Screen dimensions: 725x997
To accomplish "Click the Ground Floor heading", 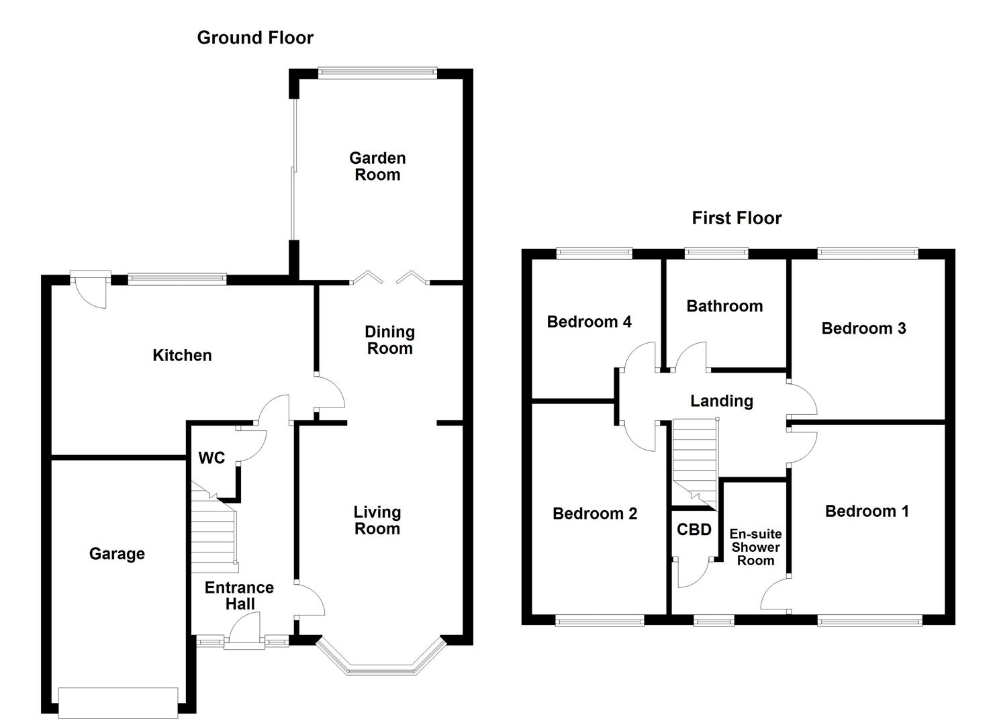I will (x=255, y=38).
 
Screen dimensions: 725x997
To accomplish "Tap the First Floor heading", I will (x=737, y=218).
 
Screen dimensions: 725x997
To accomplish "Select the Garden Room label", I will (x=377, y=166).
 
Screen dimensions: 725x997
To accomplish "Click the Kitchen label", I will (x=182, y=355).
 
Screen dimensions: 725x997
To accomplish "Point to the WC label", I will (x=211, y=458).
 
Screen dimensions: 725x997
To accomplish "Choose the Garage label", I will (x=117, y=554).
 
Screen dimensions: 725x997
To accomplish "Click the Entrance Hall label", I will (x=239, y=595).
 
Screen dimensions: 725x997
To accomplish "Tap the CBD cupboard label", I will (x=694, y=530).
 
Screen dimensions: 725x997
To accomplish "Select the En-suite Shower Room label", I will (x=755, y=547).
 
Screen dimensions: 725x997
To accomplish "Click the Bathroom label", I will (x=724, y=306).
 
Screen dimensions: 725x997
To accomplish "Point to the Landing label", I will (x=722, y=401).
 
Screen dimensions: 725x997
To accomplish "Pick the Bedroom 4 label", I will (x=589, y=322).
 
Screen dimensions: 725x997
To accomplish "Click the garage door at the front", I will (x=118, y=702).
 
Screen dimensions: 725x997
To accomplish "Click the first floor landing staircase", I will (x=695, y=460).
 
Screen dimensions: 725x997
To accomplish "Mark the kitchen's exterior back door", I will (x=91, y=287).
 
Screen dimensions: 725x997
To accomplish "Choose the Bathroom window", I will (x=716, y=253).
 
